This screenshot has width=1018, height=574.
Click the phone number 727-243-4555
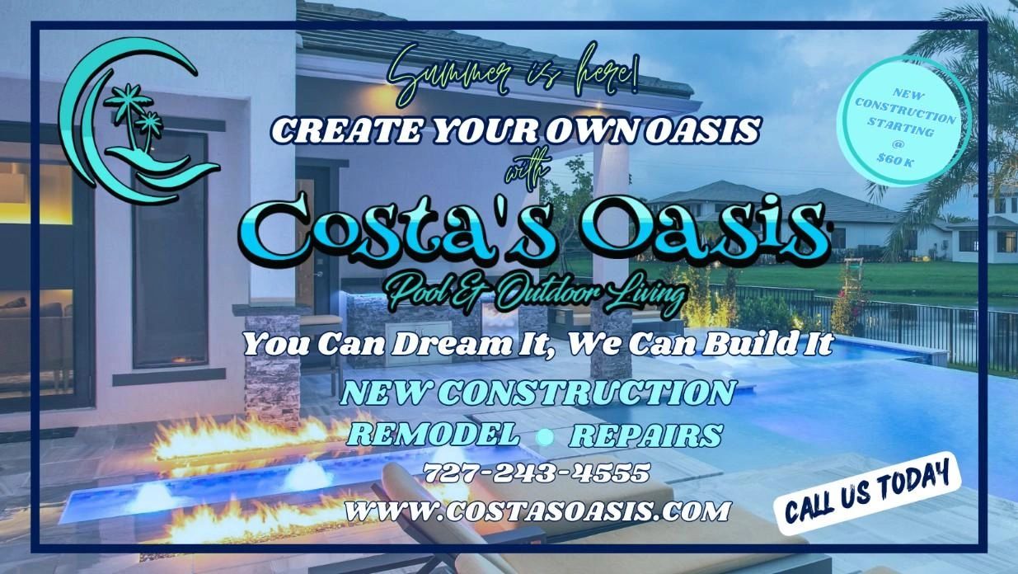click(537, 473)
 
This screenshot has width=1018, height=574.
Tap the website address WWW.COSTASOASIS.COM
click(538, 510)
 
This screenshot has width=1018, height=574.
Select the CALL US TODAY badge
click(868, 492)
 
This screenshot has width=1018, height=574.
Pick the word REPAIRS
click(645, 435)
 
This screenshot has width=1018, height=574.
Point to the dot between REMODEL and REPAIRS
click(545, 436)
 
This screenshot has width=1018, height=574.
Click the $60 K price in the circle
click(894, 160)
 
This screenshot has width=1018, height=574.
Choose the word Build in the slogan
click(751, 344)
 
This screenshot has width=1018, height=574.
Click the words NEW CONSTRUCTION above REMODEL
click(538, 392)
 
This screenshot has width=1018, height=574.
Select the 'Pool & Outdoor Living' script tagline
click(537, 294)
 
